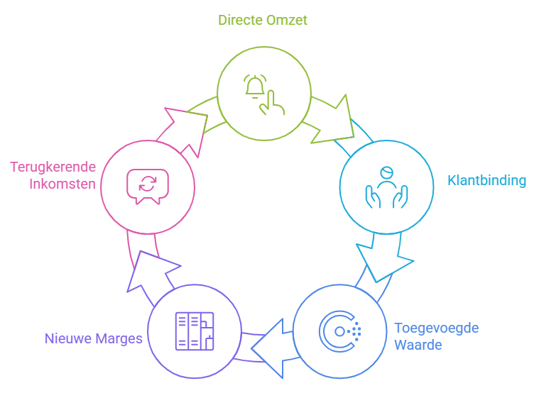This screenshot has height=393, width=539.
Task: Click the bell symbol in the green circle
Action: [254, 85]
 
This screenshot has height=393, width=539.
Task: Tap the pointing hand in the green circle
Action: [272, 102]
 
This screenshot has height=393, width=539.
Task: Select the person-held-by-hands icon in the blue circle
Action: [386, 187]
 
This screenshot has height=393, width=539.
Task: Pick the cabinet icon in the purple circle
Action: [194, 331]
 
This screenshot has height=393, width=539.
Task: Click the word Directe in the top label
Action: [240, 20]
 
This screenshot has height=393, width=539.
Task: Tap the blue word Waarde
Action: [418, 345]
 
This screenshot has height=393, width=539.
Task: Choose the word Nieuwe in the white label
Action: [42, 328]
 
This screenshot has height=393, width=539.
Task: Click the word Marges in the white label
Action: [92, 328]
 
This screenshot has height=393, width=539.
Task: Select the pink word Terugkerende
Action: [53, 167]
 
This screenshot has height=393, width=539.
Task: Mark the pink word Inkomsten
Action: [62, 184]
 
